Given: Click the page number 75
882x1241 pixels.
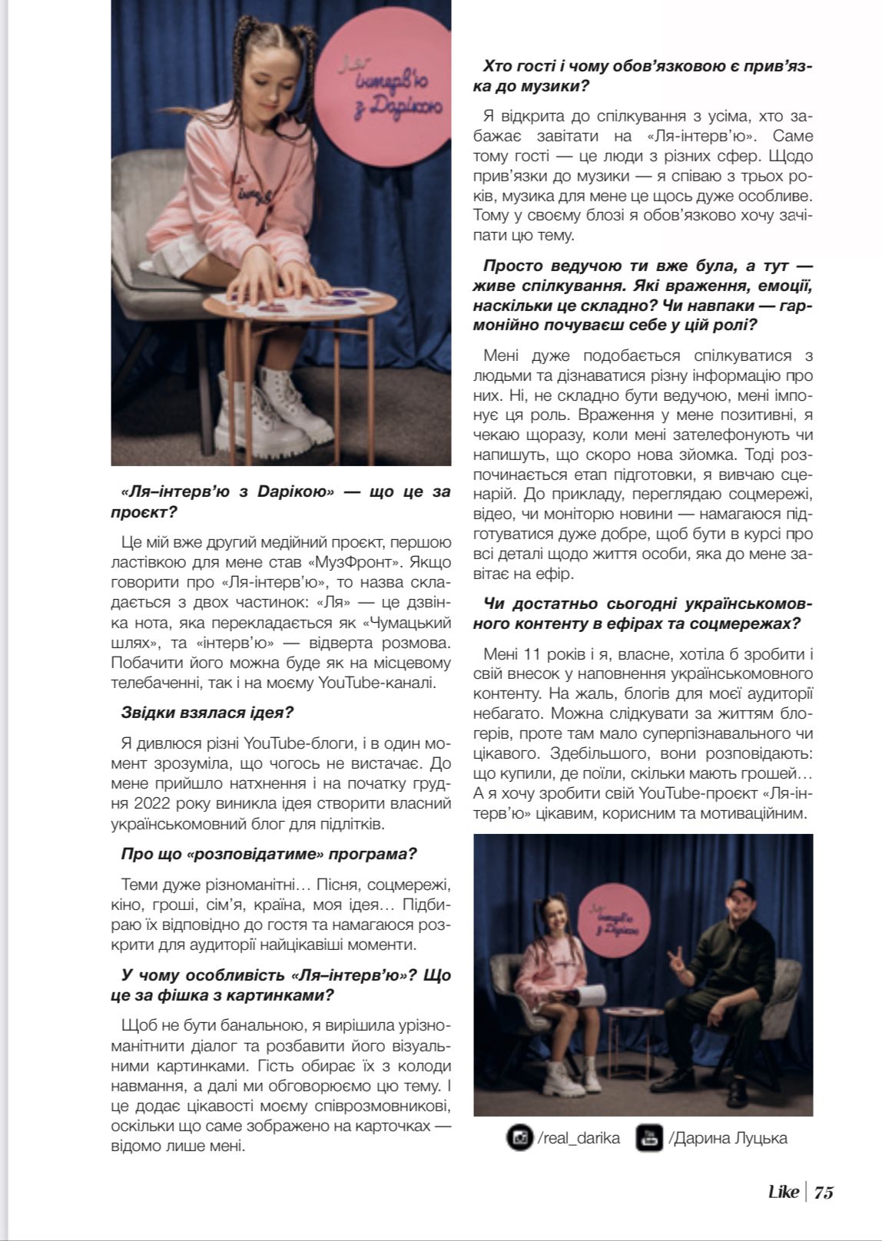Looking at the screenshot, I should tap(824, 1192).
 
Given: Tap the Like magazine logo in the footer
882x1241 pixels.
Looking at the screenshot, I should tap(784, 1192).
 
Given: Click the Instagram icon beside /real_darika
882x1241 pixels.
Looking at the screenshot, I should tap(520, 1137).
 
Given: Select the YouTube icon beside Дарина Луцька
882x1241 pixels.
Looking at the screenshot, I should tap(649, 1137).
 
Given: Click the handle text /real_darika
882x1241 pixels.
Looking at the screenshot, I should tap(579, 1137).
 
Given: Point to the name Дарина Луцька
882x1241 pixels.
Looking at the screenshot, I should tap(728, 1137).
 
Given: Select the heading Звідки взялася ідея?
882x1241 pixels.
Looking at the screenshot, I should tap(207, 712).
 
